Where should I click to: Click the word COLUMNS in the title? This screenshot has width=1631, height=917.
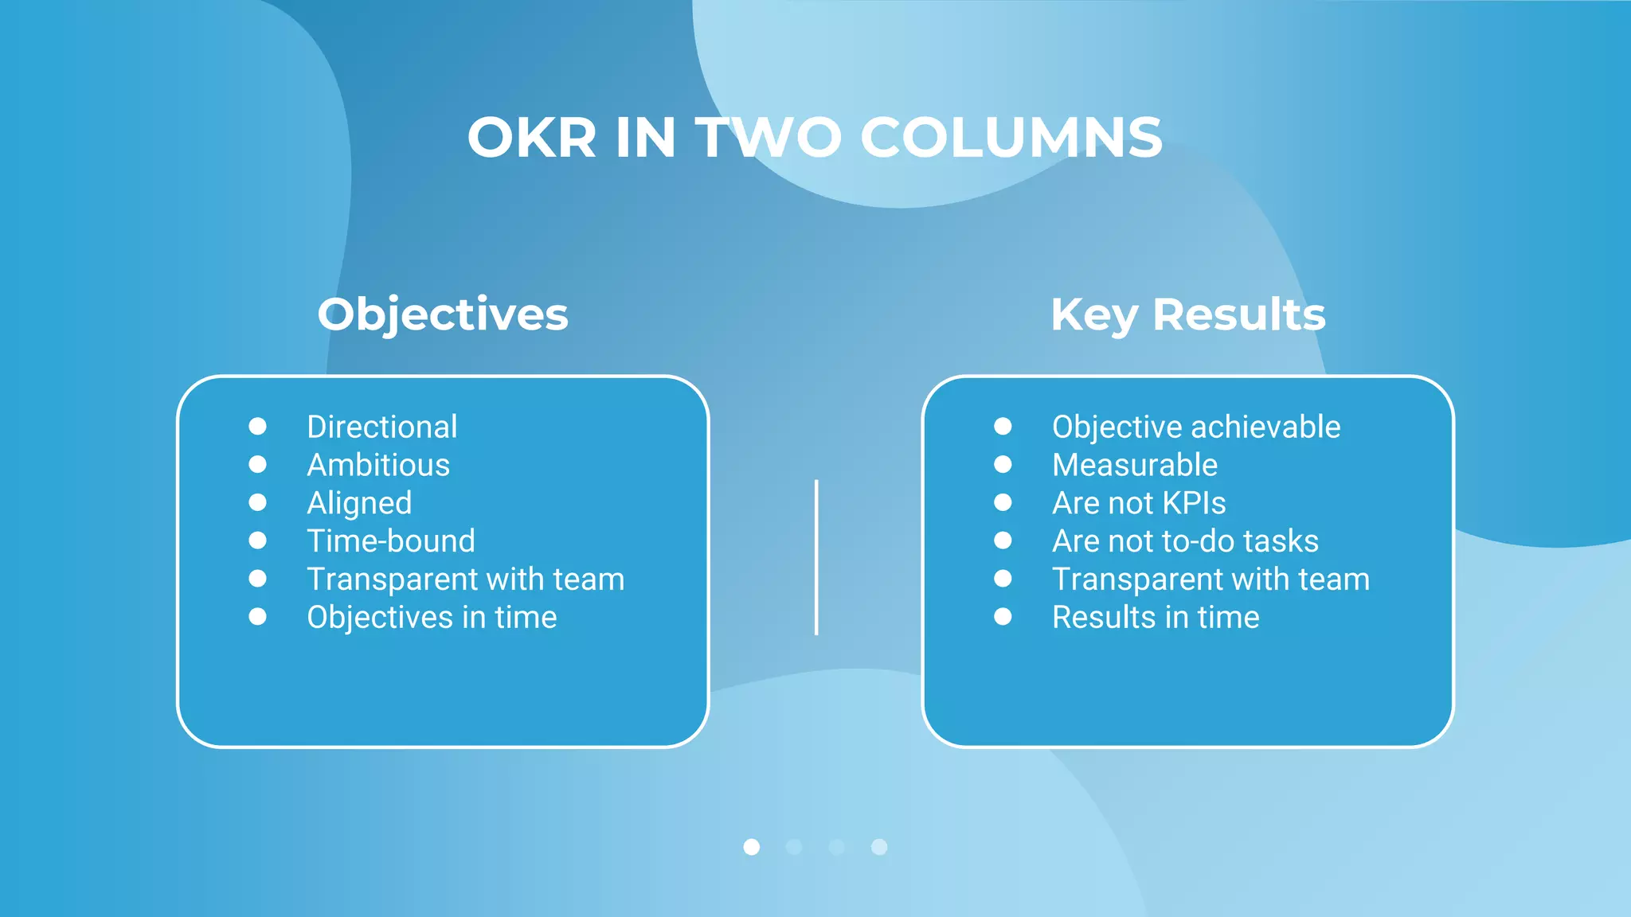[1011, 138]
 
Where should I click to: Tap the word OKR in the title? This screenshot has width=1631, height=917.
[531, 138]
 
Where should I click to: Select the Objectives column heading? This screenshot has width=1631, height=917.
[443, 314]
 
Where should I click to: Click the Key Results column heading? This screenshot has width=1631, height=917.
[1187, 314]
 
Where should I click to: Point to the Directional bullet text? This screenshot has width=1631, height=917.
[381, 427]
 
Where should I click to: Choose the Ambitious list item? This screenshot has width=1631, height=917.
[378, 465]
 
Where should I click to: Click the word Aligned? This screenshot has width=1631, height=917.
[359, 503]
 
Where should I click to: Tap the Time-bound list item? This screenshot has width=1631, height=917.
[391, 541]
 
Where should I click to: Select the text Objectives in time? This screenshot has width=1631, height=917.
[432, 618]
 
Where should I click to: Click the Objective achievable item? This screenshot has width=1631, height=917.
[1196, 427]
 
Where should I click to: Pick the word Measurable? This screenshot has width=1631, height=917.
[1135, 465]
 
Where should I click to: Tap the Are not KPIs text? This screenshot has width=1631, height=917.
[1139, 503]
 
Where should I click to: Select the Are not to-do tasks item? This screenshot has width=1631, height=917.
[1185, 541]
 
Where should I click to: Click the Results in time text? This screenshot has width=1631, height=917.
[1156, 618]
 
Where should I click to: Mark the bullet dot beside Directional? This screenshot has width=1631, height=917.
[257, 426]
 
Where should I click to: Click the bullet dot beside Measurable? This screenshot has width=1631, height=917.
[1003, 464]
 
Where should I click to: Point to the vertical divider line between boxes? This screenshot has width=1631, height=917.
[816, 557]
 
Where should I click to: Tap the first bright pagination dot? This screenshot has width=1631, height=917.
[751, 847]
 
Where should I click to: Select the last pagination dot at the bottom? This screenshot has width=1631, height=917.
[879, 847]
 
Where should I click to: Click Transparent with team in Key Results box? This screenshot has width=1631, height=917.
[1211, 579]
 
